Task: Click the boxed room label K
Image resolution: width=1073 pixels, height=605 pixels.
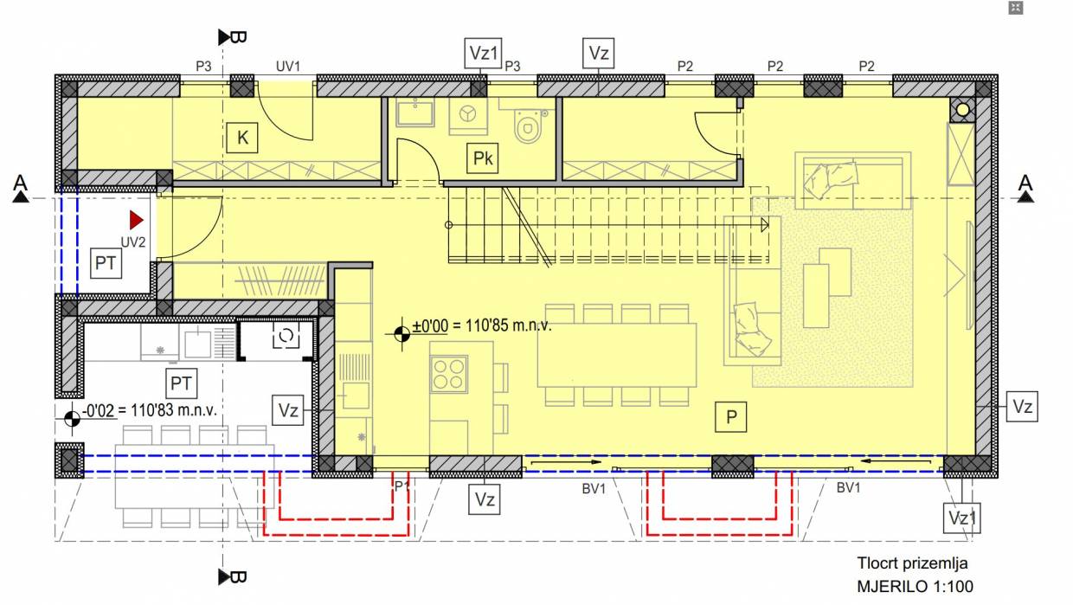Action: tap(242, 138)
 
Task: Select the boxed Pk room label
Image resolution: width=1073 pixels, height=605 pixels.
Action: tap(482, 158)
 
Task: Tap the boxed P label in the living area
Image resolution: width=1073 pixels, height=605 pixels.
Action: tap(730, 416)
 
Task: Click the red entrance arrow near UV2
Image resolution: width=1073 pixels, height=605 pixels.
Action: tap(137, 221)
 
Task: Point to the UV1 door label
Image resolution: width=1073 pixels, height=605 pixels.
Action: tap(288, 66)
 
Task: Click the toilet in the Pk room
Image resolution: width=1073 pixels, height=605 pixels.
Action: tap(527, 126)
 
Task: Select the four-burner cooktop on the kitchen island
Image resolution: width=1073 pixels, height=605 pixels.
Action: tap(448, 374)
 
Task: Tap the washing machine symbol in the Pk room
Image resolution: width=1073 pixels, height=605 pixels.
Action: tap(467, 115)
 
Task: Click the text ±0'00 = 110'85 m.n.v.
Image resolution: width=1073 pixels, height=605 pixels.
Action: tap(482, 325)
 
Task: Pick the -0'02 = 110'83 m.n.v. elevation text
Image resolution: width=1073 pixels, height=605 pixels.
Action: tap(150, 410)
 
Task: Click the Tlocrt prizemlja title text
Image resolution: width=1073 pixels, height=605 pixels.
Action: tap(912, 563)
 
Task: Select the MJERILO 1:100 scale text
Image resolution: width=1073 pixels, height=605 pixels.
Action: tap(915, 586)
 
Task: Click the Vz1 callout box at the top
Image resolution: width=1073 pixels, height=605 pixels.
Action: tap(484, 53)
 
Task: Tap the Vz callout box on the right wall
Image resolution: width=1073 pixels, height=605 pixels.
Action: tap(1022, 406)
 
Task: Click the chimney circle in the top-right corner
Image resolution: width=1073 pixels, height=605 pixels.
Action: tap(963, 110)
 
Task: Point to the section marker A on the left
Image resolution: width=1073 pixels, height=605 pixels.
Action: tap(20, 188)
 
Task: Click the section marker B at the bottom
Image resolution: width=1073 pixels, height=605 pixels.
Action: tap(232, 577)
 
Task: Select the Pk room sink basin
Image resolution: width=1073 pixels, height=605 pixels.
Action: tap(414, 113)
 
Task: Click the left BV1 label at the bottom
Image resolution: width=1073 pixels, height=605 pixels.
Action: tap(594, 489)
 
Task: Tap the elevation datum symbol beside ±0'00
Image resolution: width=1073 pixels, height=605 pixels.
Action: tap(402, 334)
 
